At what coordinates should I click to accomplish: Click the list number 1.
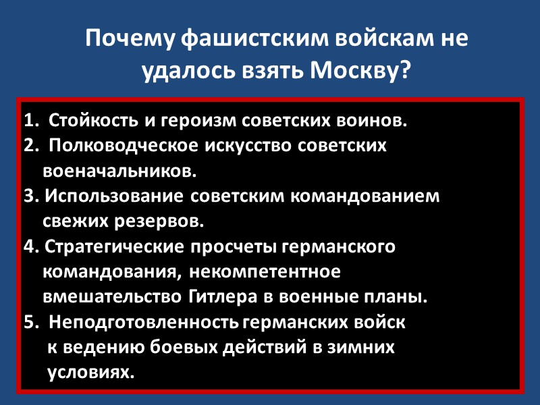click(x=28, y=122)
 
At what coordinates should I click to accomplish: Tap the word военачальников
click(x=119, y=171)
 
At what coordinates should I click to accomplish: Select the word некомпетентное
click(x=264, y=272)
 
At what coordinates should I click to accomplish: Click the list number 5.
click(x=28, y=323)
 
